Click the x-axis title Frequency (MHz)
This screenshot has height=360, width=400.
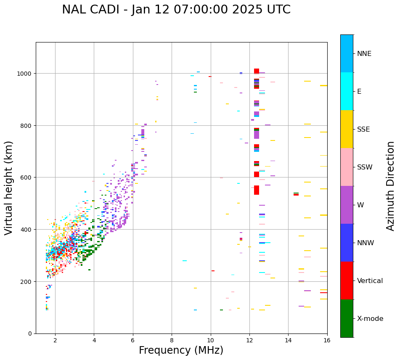tap(181, 350)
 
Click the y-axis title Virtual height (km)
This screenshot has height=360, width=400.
tap(9, 188)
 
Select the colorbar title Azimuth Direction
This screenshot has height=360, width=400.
tap(391, 186)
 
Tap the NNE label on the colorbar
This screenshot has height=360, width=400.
tap(364, 54)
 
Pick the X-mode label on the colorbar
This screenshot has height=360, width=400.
tap(370, 319)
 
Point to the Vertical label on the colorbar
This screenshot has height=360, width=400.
tap(370, 281)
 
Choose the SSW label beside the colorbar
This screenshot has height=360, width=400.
tap(365, 167)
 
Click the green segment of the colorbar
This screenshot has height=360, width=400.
tap(347, 318)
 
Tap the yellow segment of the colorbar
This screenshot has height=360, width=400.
tap(347, 129)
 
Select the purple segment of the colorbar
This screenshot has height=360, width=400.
tap(347, 205)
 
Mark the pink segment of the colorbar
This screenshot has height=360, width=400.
tap(347, 167)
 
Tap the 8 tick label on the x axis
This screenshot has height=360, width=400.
tap(172, 340)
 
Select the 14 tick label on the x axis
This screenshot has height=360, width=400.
tap(288, 340)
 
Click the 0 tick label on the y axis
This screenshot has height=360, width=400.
tap(30, 334)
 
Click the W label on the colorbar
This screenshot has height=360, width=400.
tap(360, 205)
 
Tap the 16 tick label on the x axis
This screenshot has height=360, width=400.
tap(327, 340)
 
